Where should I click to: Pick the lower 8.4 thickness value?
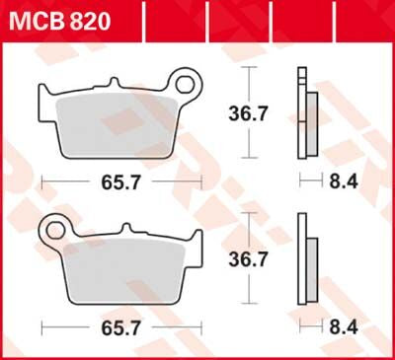click(338, 328)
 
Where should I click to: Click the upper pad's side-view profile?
click(305, 114)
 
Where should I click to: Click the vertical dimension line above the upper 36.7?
click(250, 84)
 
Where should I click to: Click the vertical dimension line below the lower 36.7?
click(250, 292)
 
